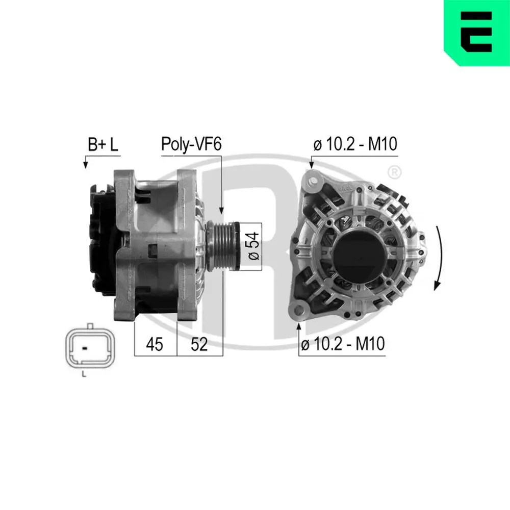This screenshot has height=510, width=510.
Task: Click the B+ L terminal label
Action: point(103,144)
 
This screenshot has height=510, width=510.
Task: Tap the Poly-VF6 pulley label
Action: point(191,144)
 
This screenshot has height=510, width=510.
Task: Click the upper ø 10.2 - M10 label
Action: point(355,145)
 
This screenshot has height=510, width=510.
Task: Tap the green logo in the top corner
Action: point(477,33)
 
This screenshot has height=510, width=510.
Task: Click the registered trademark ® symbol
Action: point(393,172)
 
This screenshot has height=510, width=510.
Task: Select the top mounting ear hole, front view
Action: point(312,180)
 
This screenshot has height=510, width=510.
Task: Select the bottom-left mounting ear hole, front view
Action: point(298,308)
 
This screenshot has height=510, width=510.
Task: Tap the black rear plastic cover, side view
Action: point(102,240)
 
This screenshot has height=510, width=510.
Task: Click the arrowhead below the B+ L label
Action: point(85,165)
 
